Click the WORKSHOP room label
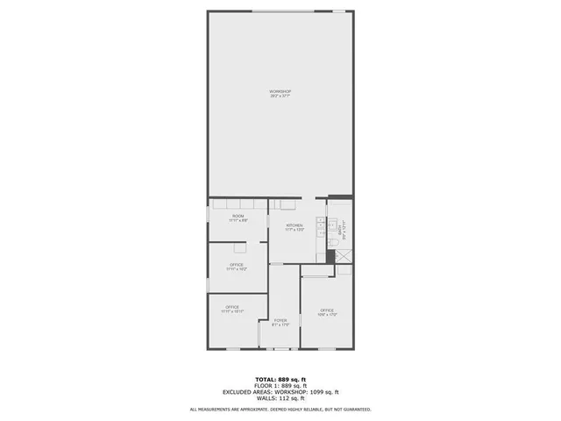pyautogui.click(x=280, y=91)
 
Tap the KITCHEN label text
pyautogui.click(x=295, y=225)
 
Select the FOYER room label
pyautogui.click(x=280, y=320)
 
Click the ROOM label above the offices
pyautogui.click(x=238, y=216)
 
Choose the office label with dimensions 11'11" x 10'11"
pyautogui.click(x=231, y=307)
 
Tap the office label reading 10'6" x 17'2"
pyautogui.click(x=327, y=310)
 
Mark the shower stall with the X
pyautogui.click(x=344, y=256)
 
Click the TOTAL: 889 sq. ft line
pyautogui.click(x=280, y=380)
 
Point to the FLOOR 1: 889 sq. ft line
pyautogui.click(x=280, y=386)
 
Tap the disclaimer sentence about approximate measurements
pyautogui.click(x=280, y=409)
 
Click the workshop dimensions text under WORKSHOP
pyautogui.click(x=280, y=96)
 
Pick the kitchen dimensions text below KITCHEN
pyautogui.click(x=295, y=230)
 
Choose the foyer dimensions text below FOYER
pyautogui.click(x=280, y=325)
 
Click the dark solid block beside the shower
pyautogui.click(x=330, y=256)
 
